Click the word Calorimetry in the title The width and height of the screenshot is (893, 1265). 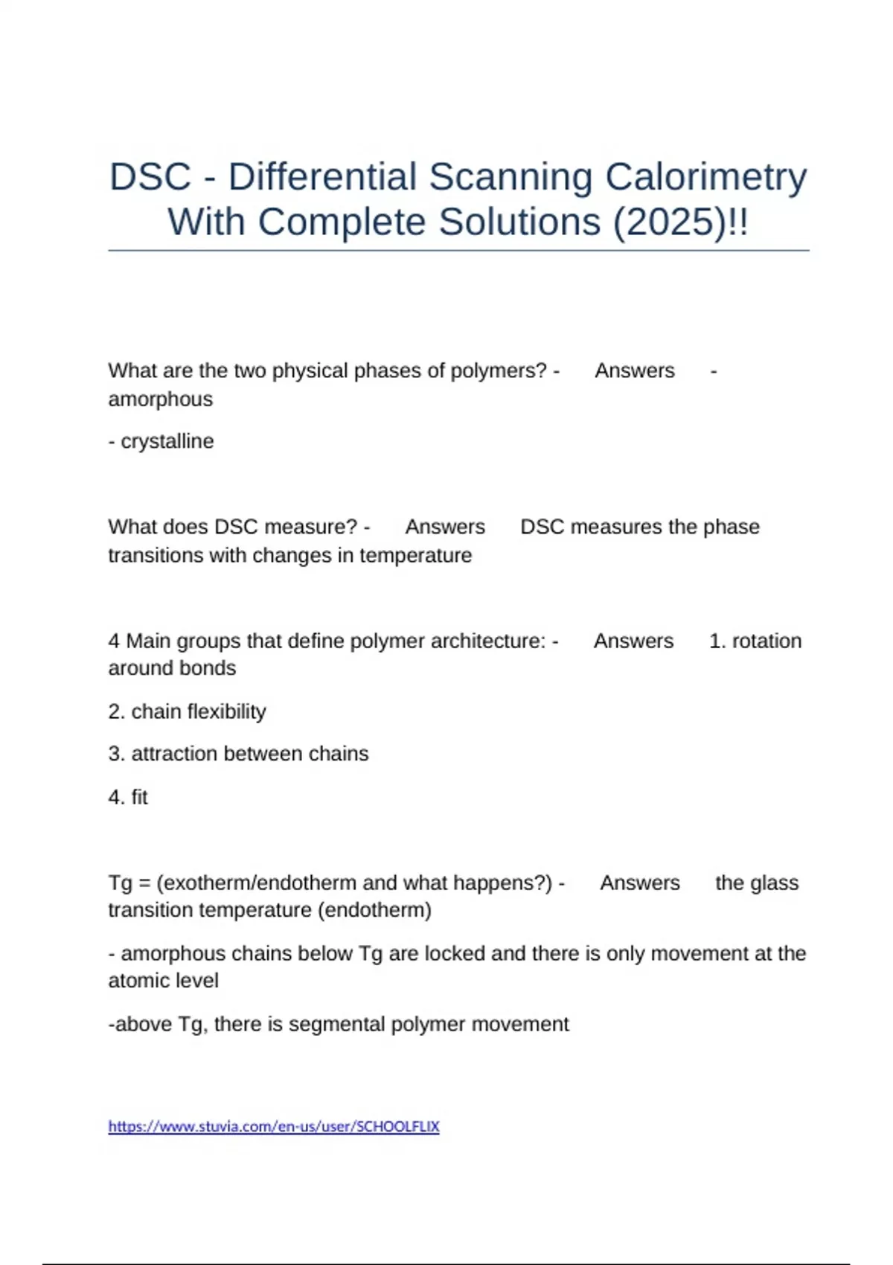point(705,178)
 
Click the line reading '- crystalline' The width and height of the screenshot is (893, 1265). point(161,441)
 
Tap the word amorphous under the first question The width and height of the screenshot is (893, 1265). point(161,400)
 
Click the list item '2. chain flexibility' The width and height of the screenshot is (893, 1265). point(187,712)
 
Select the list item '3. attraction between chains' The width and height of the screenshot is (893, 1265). point(238,754)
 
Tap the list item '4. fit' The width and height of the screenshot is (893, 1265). point(128,797)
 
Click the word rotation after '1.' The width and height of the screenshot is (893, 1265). point(766,641)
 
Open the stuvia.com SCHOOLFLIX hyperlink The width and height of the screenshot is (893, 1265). point(274,1127)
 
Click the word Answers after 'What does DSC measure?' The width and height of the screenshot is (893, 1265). point(445,527)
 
